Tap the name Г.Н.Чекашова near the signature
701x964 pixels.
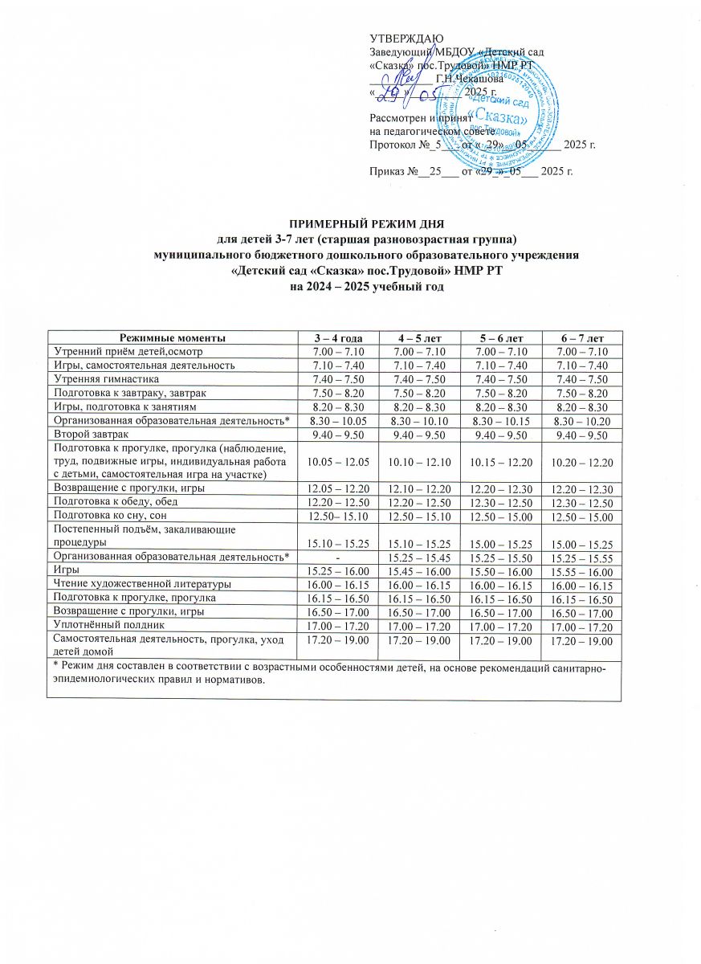(x=470, y=79)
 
